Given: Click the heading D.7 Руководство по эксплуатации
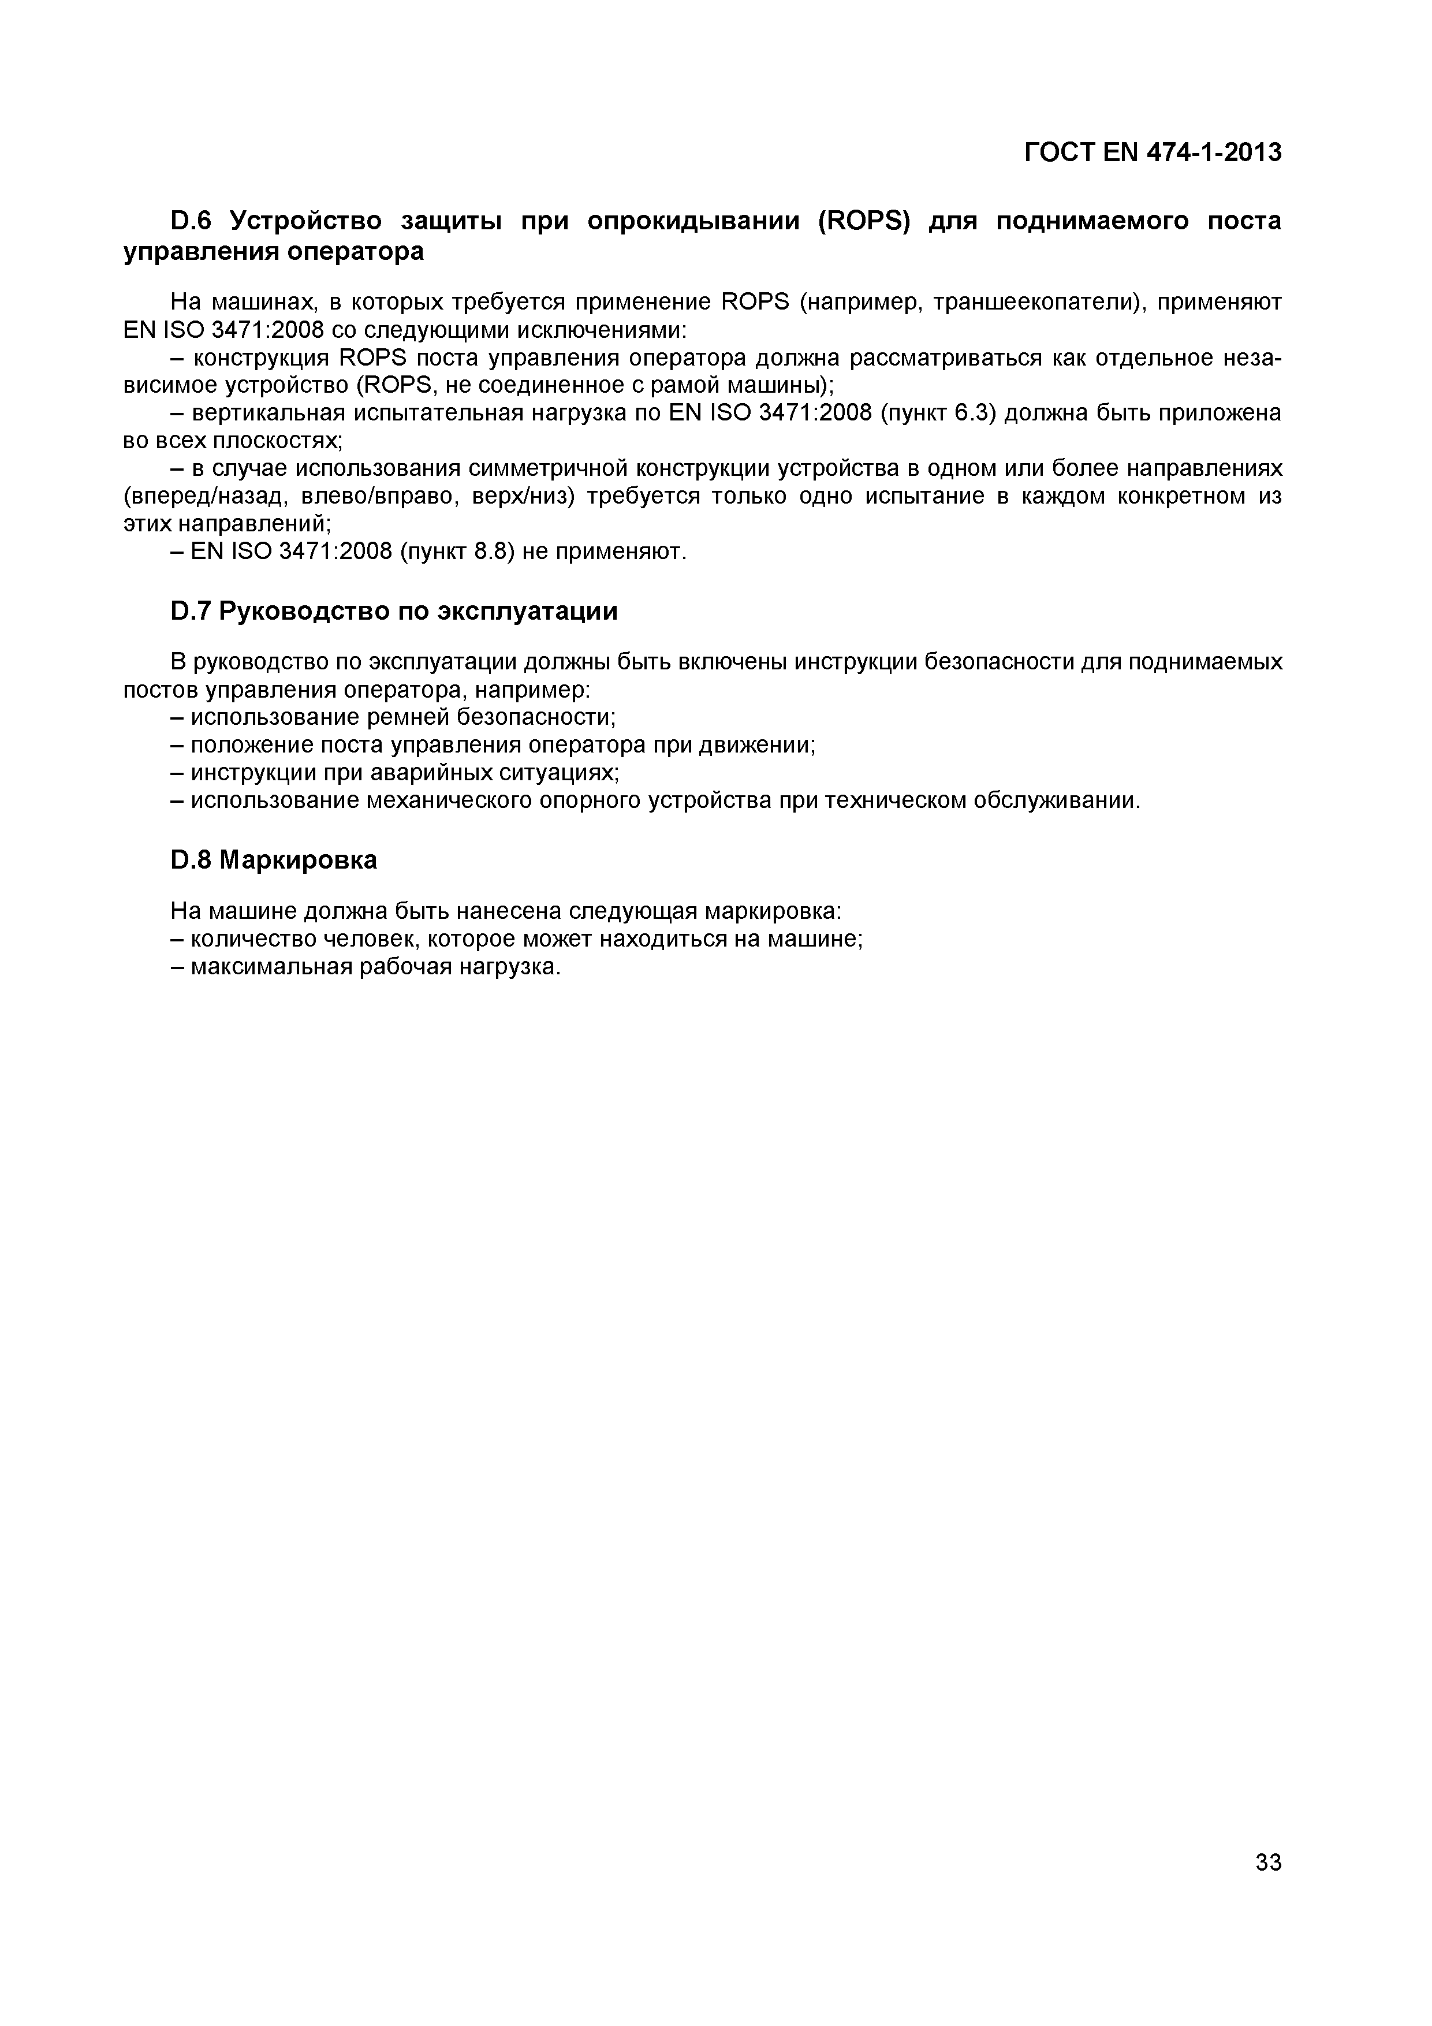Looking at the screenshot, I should pos(394,610).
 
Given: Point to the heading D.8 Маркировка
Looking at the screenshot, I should pos(274,859).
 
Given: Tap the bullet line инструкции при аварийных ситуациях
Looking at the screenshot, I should pos(394,772).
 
